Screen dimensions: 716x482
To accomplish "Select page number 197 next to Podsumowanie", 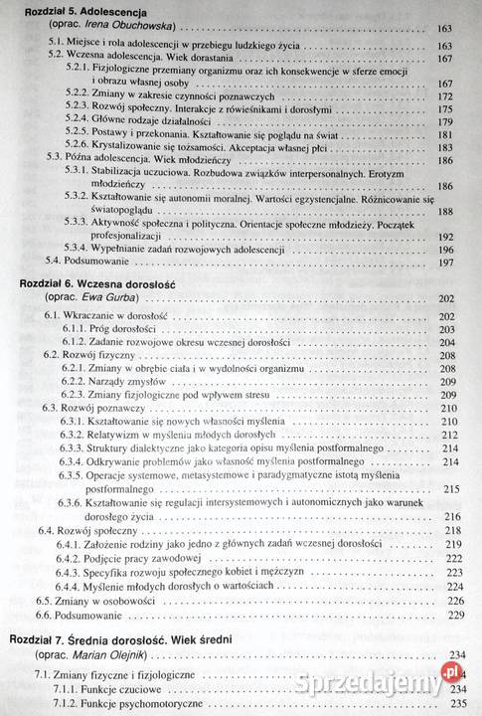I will click(445, 262).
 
